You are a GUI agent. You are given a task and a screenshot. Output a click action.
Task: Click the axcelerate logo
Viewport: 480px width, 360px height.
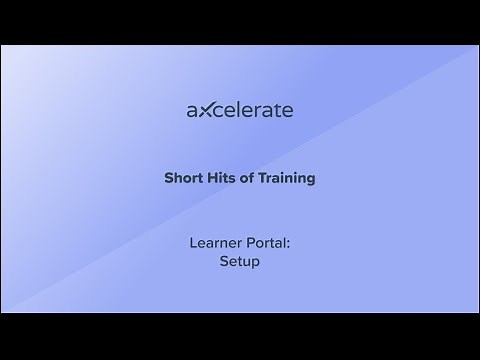coord(240,110)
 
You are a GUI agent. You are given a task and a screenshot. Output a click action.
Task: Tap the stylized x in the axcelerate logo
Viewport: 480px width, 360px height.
coord(204,110)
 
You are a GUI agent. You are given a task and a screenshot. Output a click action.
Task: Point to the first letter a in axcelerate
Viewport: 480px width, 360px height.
coord(192,111)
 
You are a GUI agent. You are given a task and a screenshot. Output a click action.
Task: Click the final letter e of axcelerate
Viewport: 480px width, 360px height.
coord(288,111)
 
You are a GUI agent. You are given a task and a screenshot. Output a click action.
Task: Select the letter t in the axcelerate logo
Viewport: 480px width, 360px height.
coord(277,110)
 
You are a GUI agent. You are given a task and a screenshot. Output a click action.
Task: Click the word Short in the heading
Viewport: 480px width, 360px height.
coord(182,178)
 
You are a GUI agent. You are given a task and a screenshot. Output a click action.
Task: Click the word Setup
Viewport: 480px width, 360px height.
coord(240,262)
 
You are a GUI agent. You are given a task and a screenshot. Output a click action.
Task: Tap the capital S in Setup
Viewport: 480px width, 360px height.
coord(224,261)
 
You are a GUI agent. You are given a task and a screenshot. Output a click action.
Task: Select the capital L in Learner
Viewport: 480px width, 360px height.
coord(192,242)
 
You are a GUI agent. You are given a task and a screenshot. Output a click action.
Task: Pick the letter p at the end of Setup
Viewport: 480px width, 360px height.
coord(256,264)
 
